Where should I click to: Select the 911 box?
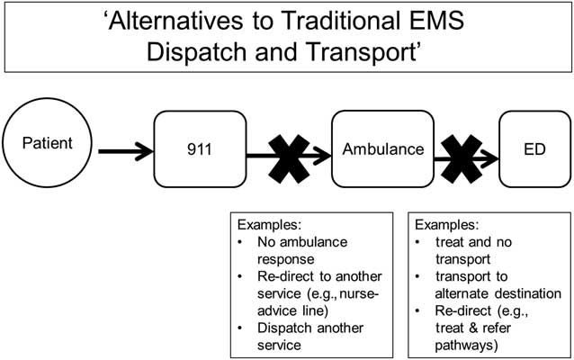(x=203, y=148)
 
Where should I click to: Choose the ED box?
(x=534, y=148)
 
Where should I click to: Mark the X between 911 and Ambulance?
(x=289, y=155)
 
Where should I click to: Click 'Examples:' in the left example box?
(x=267, y=223)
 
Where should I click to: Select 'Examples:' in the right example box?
(x=444, y=223)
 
